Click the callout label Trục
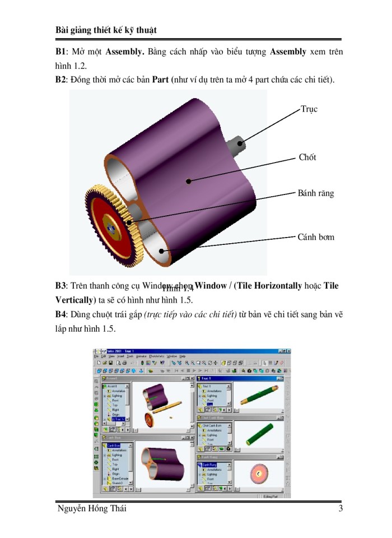pos(309,109)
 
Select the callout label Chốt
pos(307,157)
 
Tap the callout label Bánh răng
pos(315,193)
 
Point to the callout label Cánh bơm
pos(316,237)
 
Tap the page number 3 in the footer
pos(340,508)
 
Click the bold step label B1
pos(60,52)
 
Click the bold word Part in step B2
pos(161,80)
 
